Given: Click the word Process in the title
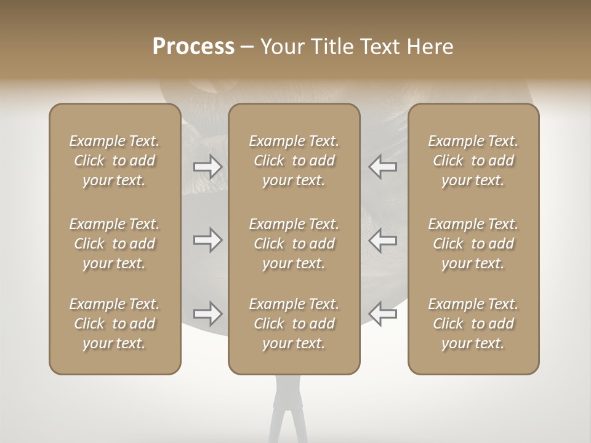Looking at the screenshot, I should click(193, 47).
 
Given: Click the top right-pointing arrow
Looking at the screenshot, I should click(207, 166).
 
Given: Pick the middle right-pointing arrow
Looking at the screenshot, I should click(207, 240).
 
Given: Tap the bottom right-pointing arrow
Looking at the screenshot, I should click(207, 314).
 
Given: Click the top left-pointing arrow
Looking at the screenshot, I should click(383, 166).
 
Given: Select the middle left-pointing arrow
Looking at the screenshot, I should click(383, 240).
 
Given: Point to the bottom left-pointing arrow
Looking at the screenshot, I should click(383, 314).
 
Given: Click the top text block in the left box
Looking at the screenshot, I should click(115, 161).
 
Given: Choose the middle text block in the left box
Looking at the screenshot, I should click(115, 244).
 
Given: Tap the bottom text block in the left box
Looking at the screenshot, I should click(115, 324).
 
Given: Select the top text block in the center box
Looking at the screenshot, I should click(294, 161).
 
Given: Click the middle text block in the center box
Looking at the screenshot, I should click(294, 244).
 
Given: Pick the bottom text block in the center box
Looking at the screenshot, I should click(294, 324).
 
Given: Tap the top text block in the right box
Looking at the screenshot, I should click(473, 161).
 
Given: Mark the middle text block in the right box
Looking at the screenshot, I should click(473, 244).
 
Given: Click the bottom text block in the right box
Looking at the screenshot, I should click(473, 324).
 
